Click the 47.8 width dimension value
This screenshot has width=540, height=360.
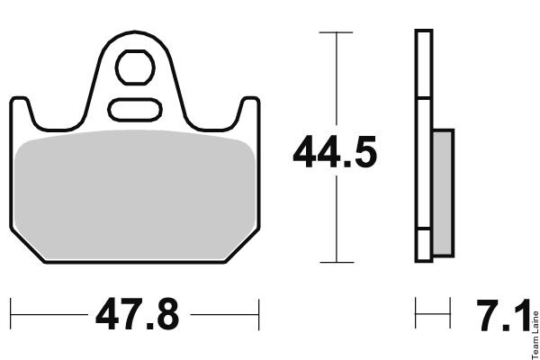[x=138, y=314]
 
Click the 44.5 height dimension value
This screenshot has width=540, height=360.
[x=335, y=151]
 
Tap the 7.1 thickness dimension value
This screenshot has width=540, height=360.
[x=503, y=315]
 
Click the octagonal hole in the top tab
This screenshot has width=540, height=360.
[x=135, y=67]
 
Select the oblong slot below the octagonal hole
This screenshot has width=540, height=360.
[x=135, y=110]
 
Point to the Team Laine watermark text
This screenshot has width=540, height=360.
[x=535, y=335]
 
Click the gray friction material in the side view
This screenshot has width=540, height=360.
[x=443, y=193]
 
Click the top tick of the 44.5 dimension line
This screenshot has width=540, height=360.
[x=336, y=32]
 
